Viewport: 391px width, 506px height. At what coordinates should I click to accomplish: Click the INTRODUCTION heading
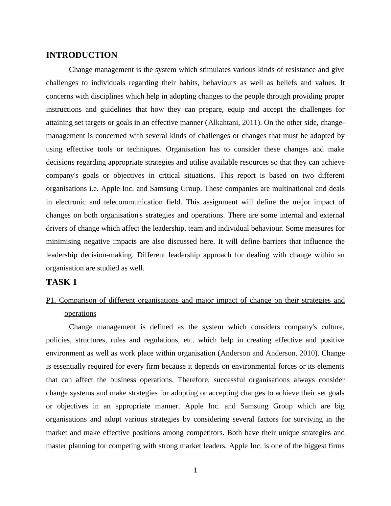pos(81,55)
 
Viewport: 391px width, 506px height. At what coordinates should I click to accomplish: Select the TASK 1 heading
pos(61,282)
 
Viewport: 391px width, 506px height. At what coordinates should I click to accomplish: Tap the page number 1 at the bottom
pos(195,470)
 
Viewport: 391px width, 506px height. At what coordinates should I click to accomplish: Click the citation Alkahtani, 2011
pos(233,123)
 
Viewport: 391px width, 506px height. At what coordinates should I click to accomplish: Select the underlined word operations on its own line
pos(80,313)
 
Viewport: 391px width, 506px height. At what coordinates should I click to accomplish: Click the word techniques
pos(144,149)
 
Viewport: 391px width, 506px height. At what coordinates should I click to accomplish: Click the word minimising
pos(63,241)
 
